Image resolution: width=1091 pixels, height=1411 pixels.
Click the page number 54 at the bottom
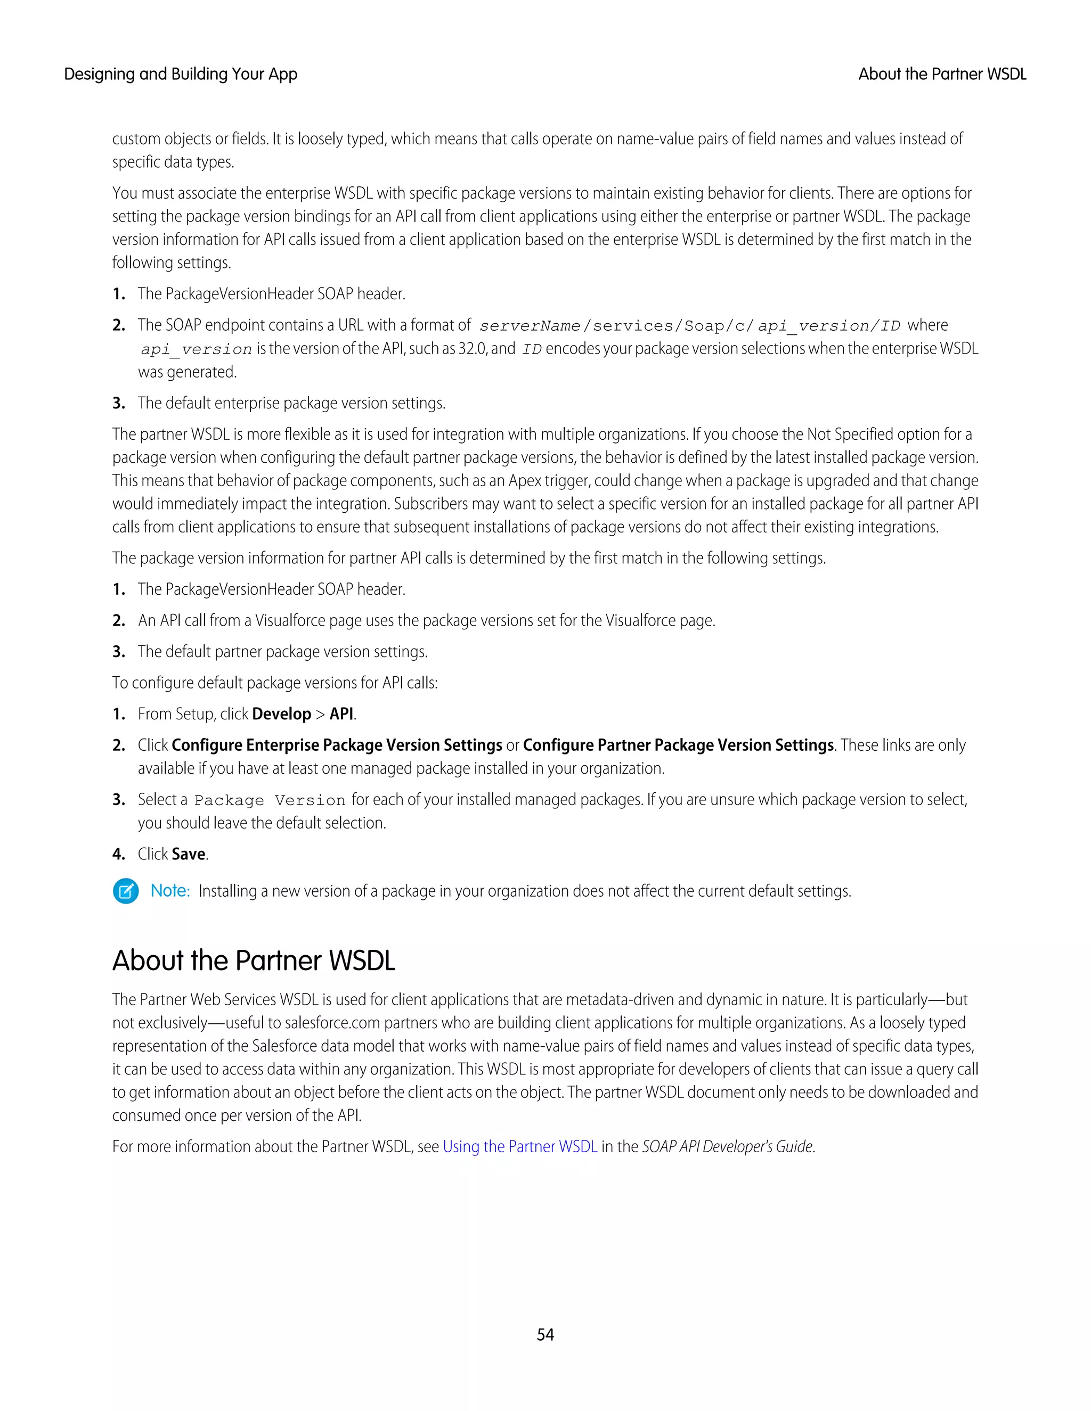coord(545,1334)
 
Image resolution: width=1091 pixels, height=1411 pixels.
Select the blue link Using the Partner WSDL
coord(519,1146)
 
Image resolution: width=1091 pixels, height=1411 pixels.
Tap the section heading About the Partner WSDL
coord(254,960)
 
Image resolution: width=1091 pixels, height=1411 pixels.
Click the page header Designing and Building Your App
coord(181,75)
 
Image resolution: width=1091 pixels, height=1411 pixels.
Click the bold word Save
coord(189,854)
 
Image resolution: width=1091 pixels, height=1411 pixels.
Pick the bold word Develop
coord(281,714)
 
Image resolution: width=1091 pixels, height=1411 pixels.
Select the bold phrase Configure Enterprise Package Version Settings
coord(337,745)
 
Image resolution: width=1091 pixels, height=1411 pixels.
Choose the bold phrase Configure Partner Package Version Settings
coord(678,745)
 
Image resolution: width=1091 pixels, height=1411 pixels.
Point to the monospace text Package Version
coord(270,800)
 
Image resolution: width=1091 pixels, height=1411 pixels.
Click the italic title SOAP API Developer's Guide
coord(727,1146)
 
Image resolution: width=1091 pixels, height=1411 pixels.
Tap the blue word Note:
coord(170,891)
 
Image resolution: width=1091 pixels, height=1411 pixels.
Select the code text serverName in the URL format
coord(530,326)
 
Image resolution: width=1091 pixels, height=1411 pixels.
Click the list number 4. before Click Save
coord(118,854)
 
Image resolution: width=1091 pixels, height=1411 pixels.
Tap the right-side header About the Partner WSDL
coord(942,75)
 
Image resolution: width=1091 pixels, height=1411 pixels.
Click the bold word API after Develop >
coord(341,714)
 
